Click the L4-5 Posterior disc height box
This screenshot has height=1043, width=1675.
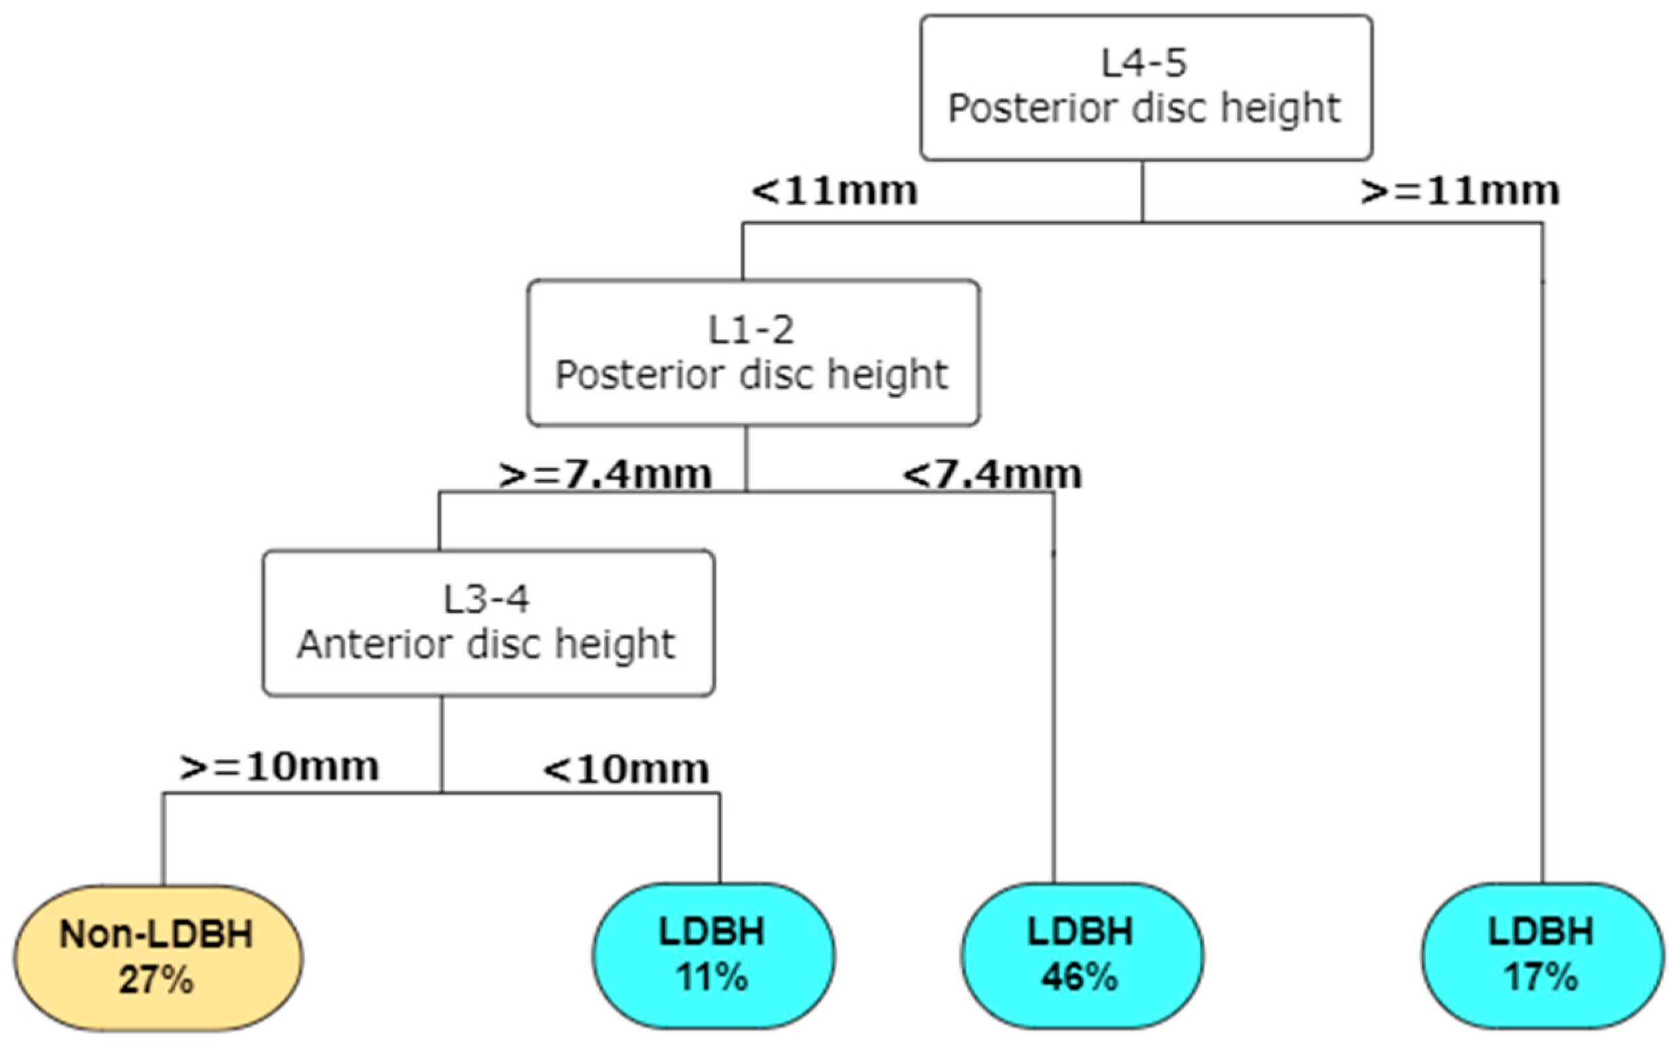pyautogui.click(x=1145, y=88)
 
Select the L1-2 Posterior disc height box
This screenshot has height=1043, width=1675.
pyautogui.click(x=753, y=352)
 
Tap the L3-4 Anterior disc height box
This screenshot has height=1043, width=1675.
pyautogui.click(x=489, y=622)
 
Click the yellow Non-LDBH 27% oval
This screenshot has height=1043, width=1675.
pyautogui.click(x=158, y=957)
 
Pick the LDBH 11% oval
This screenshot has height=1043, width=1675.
pyautogui.click(x=713, y=955)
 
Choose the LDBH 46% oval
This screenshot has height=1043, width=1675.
pyautogui.click(x=1081, y=955)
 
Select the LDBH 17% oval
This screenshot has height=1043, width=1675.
pyautogui.click(x=1542, y=955)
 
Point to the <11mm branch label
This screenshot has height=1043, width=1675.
pyautogui.click(x=834, y=191)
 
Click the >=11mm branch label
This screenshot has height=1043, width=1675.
pyautogui.click(x=1460, y=191)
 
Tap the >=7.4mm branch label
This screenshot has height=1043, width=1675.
pyautogui.click(x=605, y=475)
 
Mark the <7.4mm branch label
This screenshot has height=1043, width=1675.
pyautogui.click(x=992, y=475)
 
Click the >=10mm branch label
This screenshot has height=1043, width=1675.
pyautogui.click(x=279, y=766)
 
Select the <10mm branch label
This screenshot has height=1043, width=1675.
pyautogui.click(x=626, y=769)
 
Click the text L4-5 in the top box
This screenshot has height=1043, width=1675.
pyautogui.click(x=1144, y=62)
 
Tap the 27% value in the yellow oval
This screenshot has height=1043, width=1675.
pyautogui.click(x=157, y=980)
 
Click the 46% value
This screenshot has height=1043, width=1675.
pyautogui.click(x=1080, y=977)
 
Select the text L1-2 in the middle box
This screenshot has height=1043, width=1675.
pyautogui.click(x=752, y=330)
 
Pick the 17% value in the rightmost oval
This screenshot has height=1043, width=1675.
pyautogui.click(x=1541, y=977)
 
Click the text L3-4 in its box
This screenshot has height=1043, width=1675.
pyautogui.click(x=486, y=599)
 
